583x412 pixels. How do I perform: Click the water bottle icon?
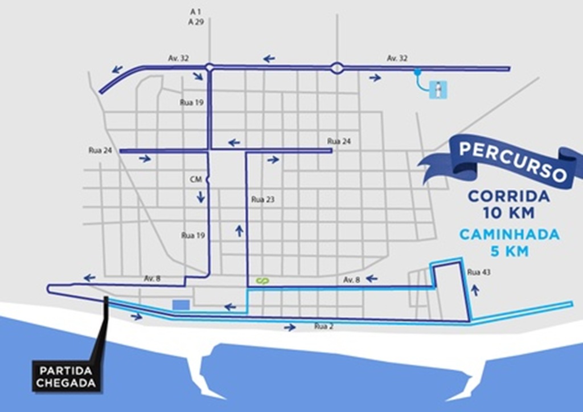[438, 89]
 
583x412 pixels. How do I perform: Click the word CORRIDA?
[508, 197]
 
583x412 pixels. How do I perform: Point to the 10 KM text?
[508, 214]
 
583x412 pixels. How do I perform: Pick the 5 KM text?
[508, 251]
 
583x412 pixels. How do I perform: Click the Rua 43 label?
[478, 272]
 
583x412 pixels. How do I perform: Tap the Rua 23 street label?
[262, 200]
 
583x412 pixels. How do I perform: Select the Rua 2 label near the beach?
[323, 327]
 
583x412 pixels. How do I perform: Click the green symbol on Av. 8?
[262, 280]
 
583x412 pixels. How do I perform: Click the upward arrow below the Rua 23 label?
[239, 230]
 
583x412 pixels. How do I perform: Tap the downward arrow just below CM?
[201, 197]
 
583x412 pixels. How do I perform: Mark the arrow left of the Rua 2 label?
[290, 327]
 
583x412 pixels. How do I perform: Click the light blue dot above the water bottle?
[417, 72]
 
